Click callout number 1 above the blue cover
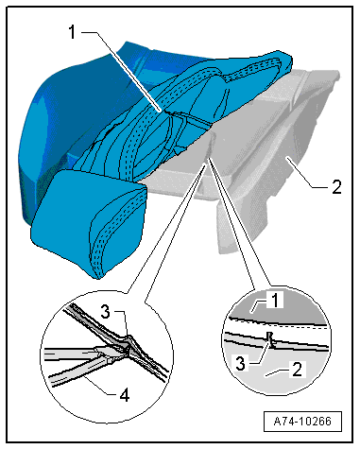(73, 32)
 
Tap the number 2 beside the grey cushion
(336, 187)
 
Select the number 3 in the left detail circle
(106, 312)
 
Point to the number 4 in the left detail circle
(125, 395)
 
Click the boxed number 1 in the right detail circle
(275, 300)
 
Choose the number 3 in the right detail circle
(240, 364)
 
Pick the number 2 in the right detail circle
(297, 370)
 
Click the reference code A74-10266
(302, 421)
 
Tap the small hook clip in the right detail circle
(270, 340)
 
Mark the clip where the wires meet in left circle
(128, 348)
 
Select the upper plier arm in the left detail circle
(73, 352)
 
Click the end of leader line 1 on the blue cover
(163, 111)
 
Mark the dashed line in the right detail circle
(277, 324)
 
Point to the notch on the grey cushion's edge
(210, 145)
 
